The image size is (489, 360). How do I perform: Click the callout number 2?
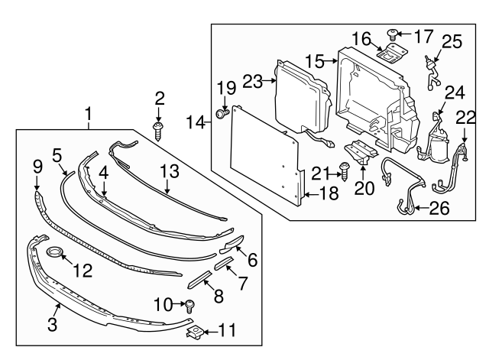[x=159, y=98]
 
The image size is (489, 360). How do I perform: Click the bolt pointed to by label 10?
[x=189, y=306]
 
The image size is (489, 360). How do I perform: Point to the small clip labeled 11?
[x=196, y=331]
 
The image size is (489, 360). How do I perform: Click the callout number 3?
[x=53, y=324]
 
